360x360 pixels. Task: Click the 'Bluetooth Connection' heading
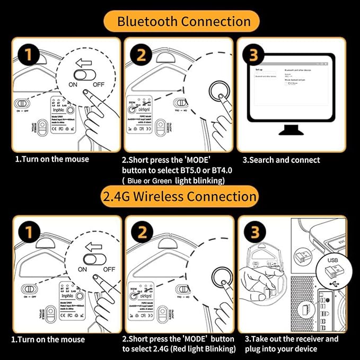(183, 22)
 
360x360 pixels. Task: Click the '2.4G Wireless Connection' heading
(180, 197)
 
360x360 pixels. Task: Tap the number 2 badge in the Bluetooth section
(141, 56)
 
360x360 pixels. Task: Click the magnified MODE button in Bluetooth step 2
(218, 90)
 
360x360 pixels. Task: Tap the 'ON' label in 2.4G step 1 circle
(82, 269)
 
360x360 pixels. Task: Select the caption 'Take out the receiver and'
(291, 339)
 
